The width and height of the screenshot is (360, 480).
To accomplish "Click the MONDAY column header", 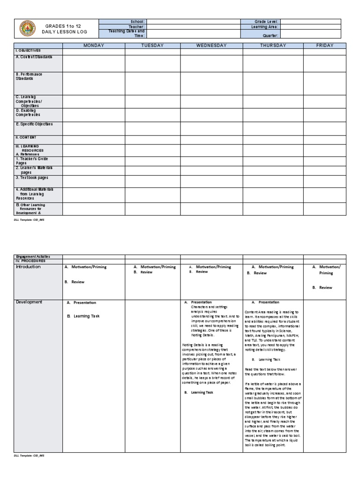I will click(94, 45).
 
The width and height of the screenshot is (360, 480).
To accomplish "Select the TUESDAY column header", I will click(152, 45).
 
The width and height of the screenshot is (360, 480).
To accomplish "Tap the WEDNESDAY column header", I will click(211, 45).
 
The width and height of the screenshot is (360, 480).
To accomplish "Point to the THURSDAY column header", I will click(272, 45).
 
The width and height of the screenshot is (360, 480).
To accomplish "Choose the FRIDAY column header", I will click(324, 45).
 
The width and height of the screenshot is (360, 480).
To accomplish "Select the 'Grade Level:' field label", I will click(267, 22).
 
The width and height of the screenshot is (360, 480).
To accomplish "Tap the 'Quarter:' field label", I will click(271, 36).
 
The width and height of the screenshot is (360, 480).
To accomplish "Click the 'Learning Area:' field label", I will click(265, 27).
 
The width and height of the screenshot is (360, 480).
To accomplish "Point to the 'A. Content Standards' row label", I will click(34, 57).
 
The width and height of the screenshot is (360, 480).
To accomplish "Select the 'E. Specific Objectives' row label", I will click(34, 124).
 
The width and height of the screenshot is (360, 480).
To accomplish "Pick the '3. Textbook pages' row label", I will click(32, 178).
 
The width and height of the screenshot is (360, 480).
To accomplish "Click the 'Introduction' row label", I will click(29, 267).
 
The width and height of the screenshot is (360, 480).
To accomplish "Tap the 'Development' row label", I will click(29, 302).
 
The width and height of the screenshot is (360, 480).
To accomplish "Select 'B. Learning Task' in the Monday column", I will click(83, 316).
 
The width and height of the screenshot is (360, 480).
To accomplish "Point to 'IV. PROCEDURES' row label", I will click(30, 261).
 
